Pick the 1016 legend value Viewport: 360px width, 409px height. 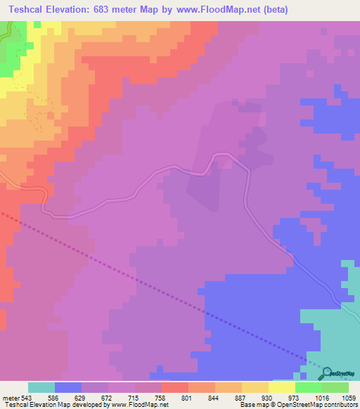point(321,397)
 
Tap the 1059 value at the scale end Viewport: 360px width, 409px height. point(349,397)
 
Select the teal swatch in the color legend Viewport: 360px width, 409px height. point(41,387)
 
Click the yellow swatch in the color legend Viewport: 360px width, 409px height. point(281,387)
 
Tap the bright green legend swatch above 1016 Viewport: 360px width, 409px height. point(308,387)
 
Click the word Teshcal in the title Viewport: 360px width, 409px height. point(27,10)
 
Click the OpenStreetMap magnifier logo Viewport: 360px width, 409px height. point(324,373)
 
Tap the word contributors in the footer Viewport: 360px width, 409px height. point(340,405)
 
